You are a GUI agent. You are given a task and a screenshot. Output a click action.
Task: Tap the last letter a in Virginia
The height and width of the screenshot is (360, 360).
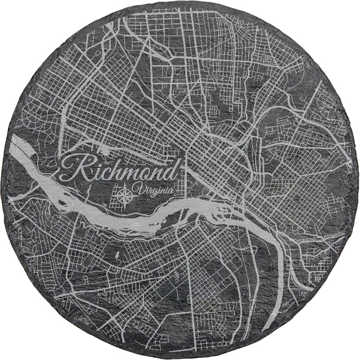coord(171,191)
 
